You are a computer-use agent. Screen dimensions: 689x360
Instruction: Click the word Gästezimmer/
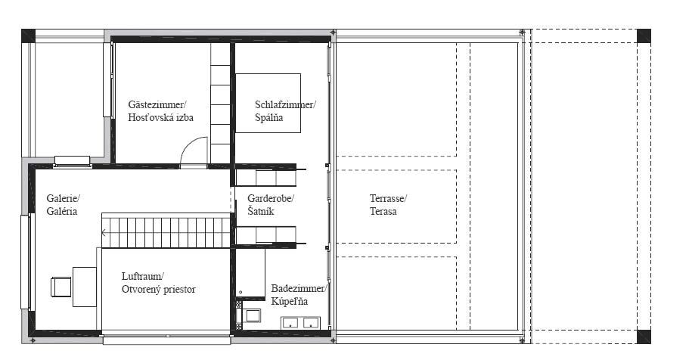157,104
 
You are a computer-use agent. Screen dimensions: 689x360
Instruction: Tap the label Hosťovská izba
160,117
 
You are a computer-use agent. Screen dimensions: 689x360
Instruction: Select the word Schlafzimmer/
285,104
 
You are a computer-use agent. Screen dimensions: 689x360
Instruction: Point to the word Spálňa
269,117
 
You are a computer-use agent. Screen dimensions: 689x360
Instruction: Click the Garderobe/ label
271,198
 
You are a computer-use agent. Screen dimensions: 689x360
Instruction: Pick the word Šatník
261,211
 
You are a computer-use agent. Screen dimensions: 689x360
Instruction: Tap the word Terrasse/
388,198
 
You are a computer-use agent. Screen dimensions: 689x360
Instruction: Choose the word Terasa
383,212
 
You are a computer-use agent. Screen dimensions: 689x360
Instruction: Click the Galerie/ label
64,198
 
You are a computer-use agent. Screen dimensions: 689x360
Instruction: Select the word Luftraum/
143,277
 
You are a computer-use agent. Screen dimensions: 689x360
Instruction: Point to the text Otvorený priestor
159,290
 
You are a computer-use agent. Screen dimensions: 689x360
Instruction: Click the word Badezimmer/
299,288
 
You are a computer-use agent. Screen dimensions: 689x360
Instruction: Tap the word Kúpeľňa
289,301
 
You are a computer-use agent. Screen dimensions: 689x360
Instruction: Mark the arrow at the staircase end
104,232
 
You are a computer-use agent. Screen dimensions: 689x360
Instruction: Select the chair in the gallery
61,287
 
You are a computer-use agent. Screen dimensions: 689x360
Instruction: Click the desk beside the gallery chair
85,287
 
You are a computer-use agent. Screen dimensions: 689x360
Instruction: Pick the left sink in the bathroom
290,323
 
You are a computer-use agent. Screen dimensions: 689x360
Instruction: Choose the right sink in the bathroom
311,323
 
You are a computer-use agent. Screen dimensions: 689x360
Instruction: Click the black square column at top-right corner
644,36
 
